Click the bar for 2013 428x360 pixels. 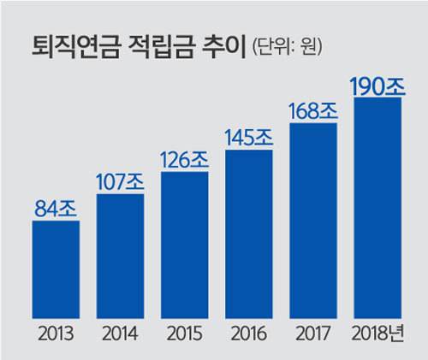click(56, 269)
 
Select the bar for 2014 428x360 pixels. click(120, 256)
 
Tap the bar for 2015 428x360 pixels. click(184, 245)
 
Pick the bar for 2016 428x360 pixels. click(249, 234)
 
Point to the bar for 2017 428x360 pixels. click(313, 221)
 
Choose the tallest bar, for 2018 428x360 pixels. click(377, 208)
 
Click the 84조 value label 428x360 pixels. click(56, 209)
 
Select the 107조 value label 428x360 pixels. click(120, 182)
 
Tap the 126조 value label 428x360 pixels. click(184, 160)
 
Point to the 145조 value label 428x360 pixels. click(249, 138)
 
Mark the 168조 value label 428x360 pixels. click(313, 111)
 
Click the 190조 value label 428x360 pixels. click(377, 86)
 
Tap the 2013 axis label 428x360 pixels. click(56, 333)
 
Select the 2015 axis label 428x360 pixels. click(185, 333)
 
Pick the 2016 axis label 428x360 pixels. click(249, 333)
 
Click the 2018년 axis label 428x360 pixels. click(377, 333)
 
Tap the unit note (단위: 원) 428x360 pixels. click(288, 46)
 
